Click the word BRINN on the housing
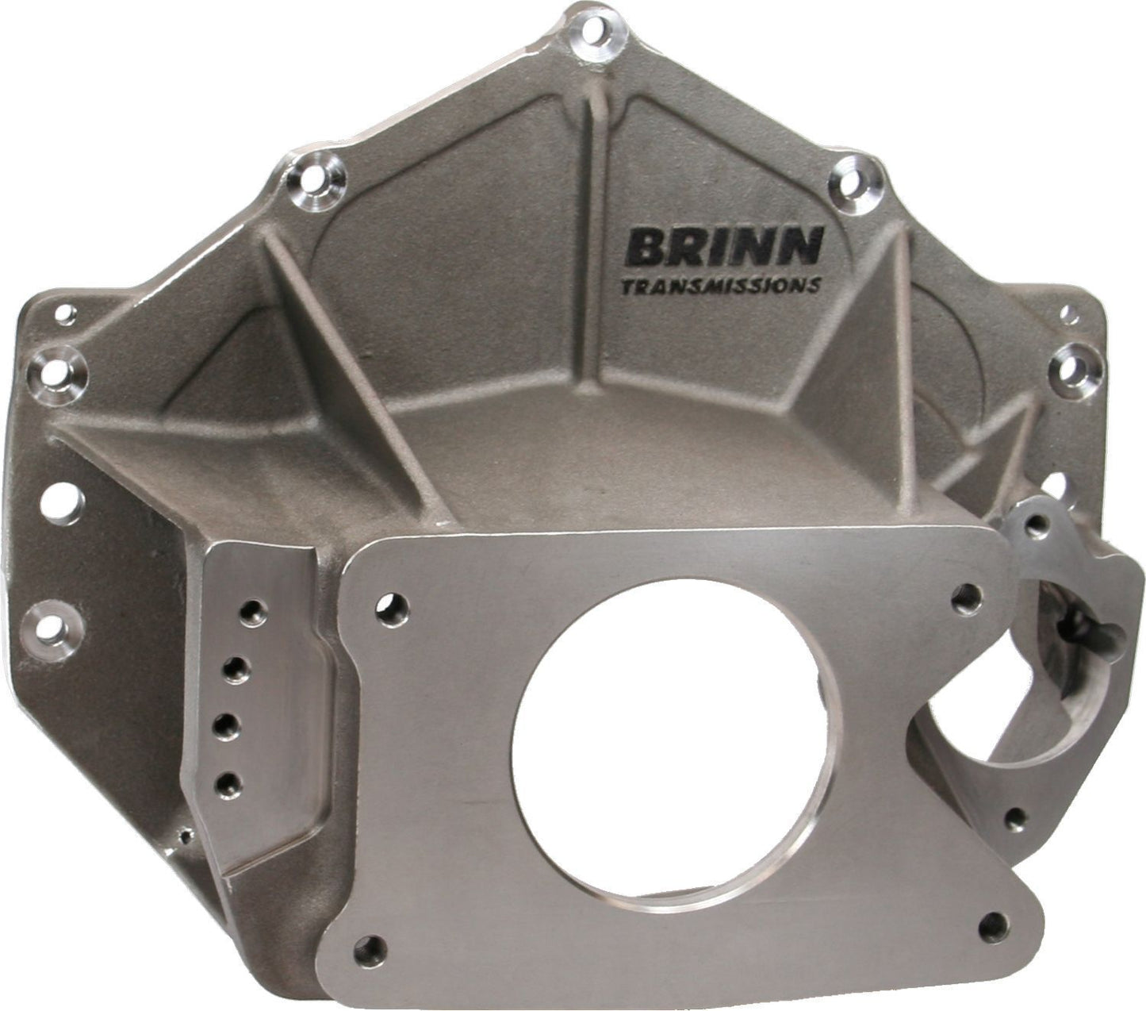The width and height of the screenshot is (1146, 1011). click(722, 247)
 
